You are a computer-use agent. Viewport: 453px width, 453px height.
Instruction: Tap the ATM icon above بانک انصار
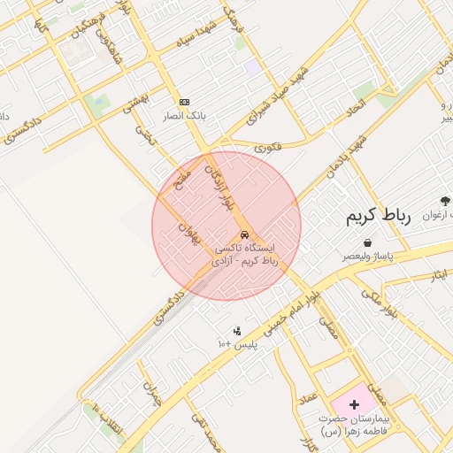(184, 102)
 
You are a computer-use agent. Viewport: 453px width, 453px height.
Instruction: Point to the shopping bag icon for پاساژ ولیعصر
(367, 242)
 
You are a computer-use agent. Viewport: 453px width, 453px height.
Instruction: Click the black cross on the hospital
(355, 403)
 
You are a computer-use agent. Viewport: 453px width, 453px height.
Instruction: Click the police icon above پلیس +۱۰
(236, 332)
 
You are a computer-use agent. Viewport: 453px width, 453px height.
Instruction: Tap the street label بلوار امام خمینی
(293, 302)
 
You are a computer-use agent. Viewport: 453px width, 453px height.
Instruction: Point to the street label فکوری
(266, 148)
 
